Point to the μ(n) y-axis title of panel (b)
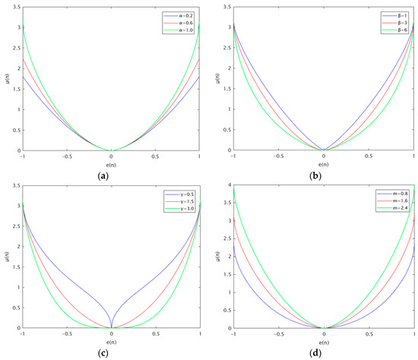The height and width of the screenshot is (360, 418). (x=217, y=77)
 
